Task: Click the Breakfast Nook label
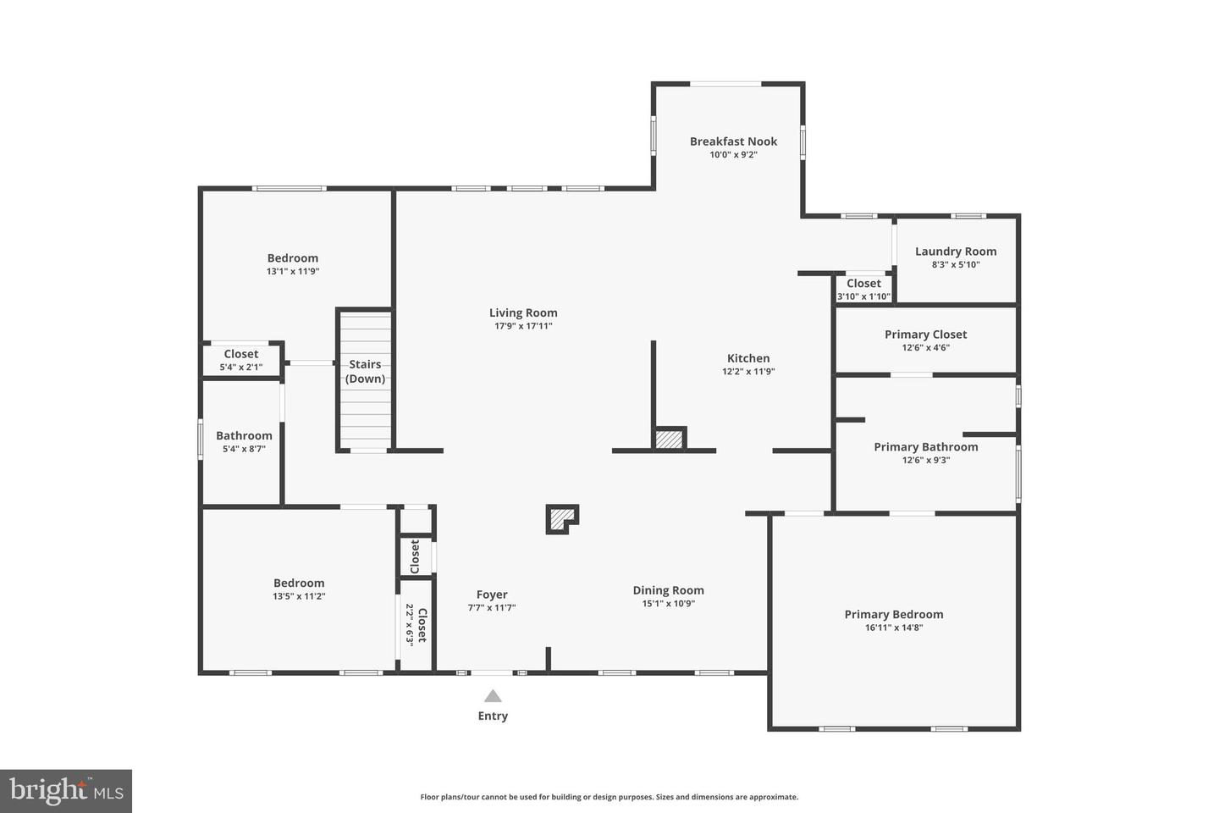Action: pyautogui.click(x=733, y=141)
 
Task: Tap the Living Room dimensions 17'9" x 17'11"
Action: pyautogui.click(x=523, y=326)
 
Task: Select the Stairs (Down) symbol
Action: pyautogui.click(x=366, y=379)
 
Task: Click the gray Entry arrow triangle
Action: pyautogui.click(x=493, y=696)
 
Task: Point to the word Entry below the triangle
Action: pyautogui.click(x=493, y=716)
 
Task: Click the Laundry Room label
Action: pyautogui.click(x=956, y=252)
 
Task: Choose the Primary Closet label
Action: pyautogui.click(x=925, y=335)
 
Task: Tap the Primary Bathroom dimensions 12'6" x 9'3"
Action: pyautogui.click(x=925, y=460)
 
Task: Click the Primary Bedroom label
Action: pyautogui.click(x=893, y=615)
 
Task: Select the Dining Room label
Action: pyautogui.click(x=668, y=590)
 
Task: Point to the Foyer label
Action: pyautogui.click(x=492, y=595)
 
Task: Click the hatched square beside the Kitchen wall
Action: pyautogui.click(x=669, y=440)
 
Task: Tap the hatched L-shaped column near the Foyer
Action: pyautogui.click(x=560, y=518)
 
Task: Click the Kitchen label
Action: pyautogui.click(x=748, y=358)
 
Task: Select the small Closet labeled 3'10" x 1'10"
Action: pyautogui.click(x=863, y=289)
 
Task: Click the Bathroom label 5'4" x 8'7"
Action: pyautogui.click(x=244, y=441)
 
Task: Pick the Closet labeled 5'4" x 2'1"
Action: pyautogui.click(x=241, y=360)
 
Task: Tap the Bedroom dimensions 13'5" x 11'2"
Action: pyautogui.click(x=299, y=596)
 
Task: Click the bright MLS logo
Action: pyautogui.click(x=66, y=791)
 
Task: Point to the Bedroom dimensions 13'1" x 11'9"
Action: pyautogui.click(x=293, y=272)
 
